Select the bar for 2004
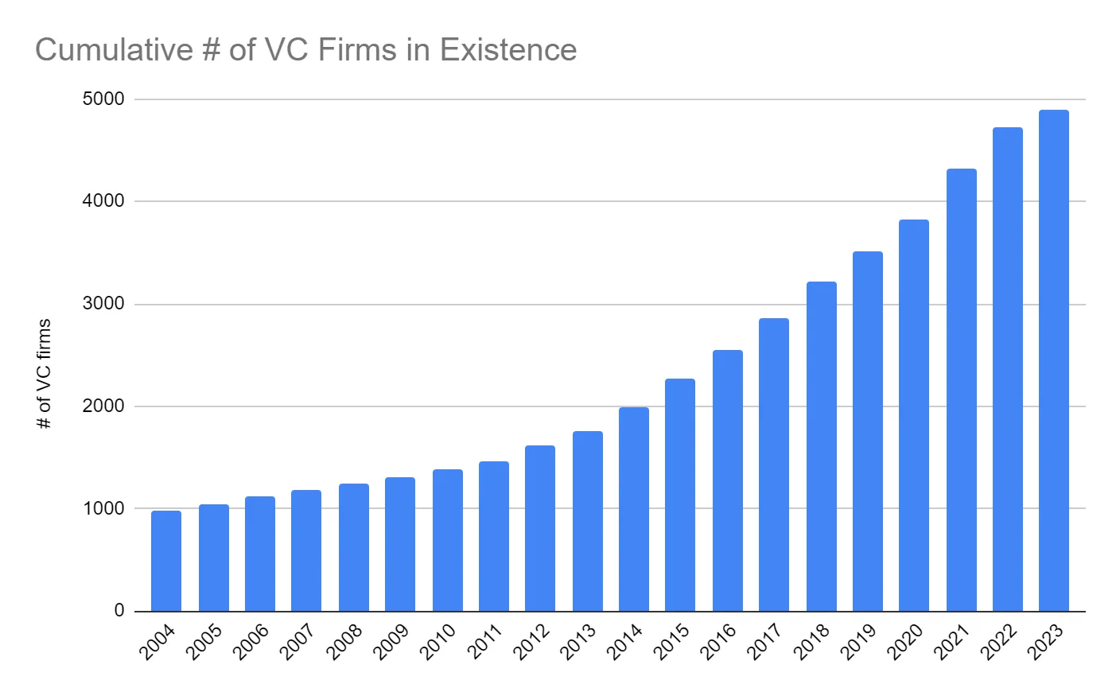166,561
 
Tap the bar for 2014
634,509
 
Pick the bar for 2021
961,390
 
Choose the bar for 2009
400,544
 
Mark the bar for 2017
774,465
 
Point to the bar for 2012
540,528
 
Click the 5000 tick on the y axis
103,99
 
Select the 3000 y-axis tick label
103,304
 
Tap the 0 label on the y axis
119,610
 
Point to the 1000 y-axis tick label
103,508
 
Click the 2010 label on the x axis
438,642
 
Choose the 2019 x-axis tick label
859,642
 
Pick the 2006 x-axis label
251,642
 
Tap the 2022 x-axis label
999,642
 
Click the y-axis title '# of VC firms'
45,374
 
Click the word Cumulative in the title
114,50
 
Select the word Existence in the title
508,50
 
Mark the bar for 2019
868,431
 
